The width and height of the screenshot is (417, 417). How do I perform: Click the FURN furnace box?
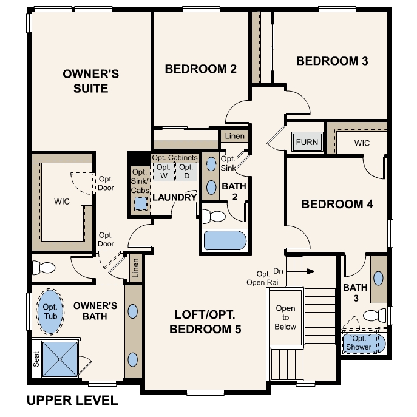pos(307,143)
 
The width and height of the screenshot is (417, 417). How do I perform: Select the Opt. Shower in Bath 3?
pos(364,344)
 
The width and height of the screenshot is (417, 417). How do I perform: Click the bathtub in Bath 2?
pos(225,240)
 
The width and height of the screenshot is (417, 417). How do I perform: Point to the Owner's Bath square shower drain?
pos(60,359)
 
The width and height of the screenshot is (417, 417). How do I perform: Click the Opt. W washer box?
pos(163,171)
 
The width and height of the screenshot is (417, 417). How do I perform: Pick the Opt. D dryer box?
pos(186,171)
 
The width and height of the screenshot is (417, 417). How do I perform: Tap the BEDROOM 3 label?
pos(332,61)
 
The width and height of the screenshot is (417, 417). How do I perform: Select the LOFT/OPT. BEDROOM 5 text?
pos(205,322)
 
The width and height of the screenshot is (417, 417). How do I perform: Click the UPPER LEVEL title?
pos(72,401)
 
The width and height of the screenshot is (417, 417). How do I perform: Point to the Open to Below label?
pos(285,317)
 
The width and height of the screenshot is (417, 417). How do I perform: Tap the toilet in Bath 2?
pos(213,215)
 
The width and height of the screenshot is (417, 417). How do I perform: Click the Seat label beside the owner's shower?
pos(36,361)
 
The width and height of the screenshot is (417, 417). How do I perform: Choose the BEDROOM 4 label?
pos(337,204)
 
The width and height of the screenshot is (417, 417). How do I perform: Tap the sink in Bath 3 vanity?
pos(379,279)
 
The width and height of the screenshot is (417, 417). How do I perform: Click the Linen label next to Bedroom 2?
pos(234,136)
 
